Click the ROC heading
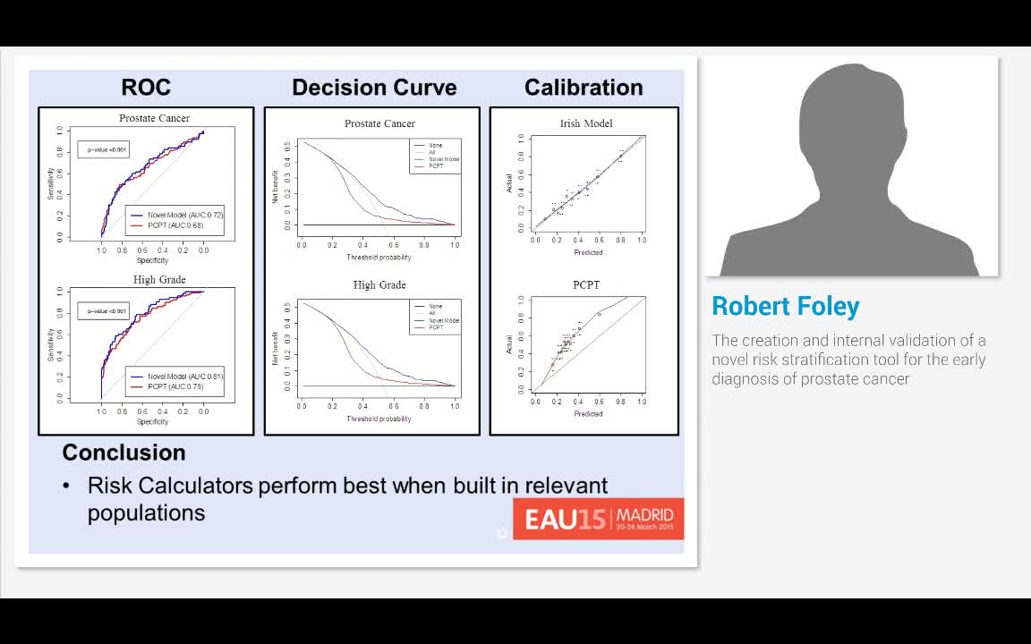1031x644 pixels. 146,88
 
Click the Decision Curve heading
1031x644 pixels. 374,88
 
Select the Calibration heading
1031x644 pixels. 584,88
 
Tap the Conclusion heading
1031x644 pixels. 124,453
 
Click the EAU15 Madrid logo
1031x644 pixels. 598,519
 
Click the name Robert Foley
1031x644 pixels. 785,307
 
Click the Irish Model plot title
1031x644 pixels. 586,123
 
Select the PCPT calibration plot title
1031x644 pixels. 586,285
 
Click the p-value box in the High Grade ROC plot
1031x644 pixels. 103,311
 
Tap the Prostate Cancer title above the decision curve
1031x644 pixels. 379,123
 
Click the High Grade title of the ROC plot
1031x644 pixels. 159,280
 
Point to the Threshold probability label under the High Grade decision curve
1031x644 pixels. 379,419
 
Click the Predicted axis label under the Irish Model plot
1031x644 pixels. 588,252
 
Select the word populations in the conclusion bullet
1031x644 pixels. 146,513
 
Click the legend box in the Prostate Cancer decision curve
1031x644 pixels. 436,156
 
